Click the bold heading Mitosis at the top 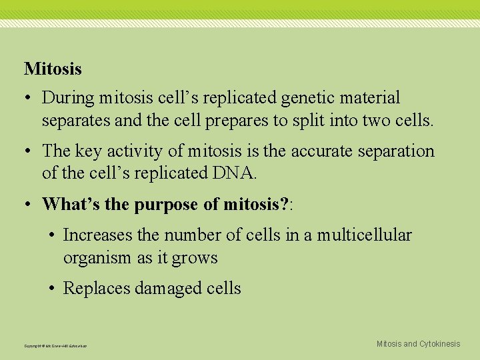point(53,69)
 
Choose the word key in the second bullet point(89,151)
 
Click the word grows point(195,258)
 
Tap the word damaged point(168,289)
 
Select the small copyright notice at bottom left point(55,345)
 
